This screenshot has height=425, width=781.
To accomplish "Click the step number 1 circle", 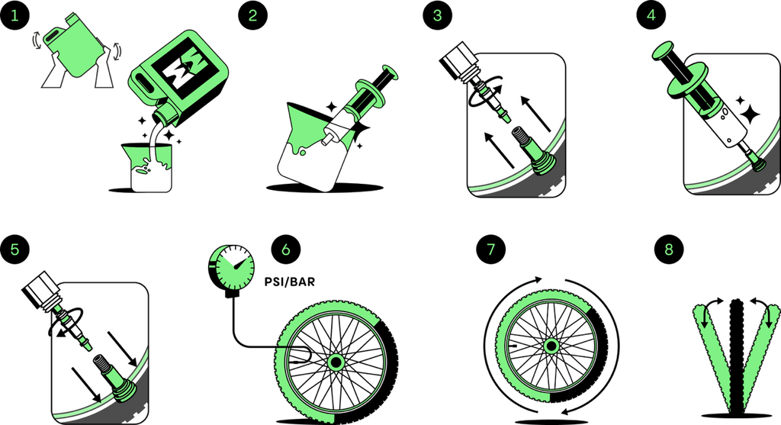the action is [x=14, y=15].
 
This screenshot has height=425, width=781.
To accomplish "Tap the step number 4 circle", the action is [x=651, y=15].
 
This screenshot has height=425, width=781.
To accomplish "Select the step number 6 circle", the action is [x=286, y=249].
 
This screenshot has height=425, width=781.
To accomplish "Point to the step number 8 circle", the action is [x=668, y=249].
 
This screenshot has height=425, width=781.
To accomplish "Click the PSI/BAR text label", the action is [x=289, y=282].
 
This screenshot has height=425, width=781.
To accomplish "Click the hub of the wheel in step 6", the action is [x=336, y=362].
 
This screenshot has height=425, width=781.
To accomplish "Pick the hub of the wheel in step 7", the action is [x=551, y=346].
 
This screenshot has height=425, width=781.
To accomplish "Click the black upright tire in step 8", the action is [x=737, y=357].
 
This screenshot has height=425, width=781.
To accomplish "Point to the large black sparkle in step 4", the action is [x=750, y=115].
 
